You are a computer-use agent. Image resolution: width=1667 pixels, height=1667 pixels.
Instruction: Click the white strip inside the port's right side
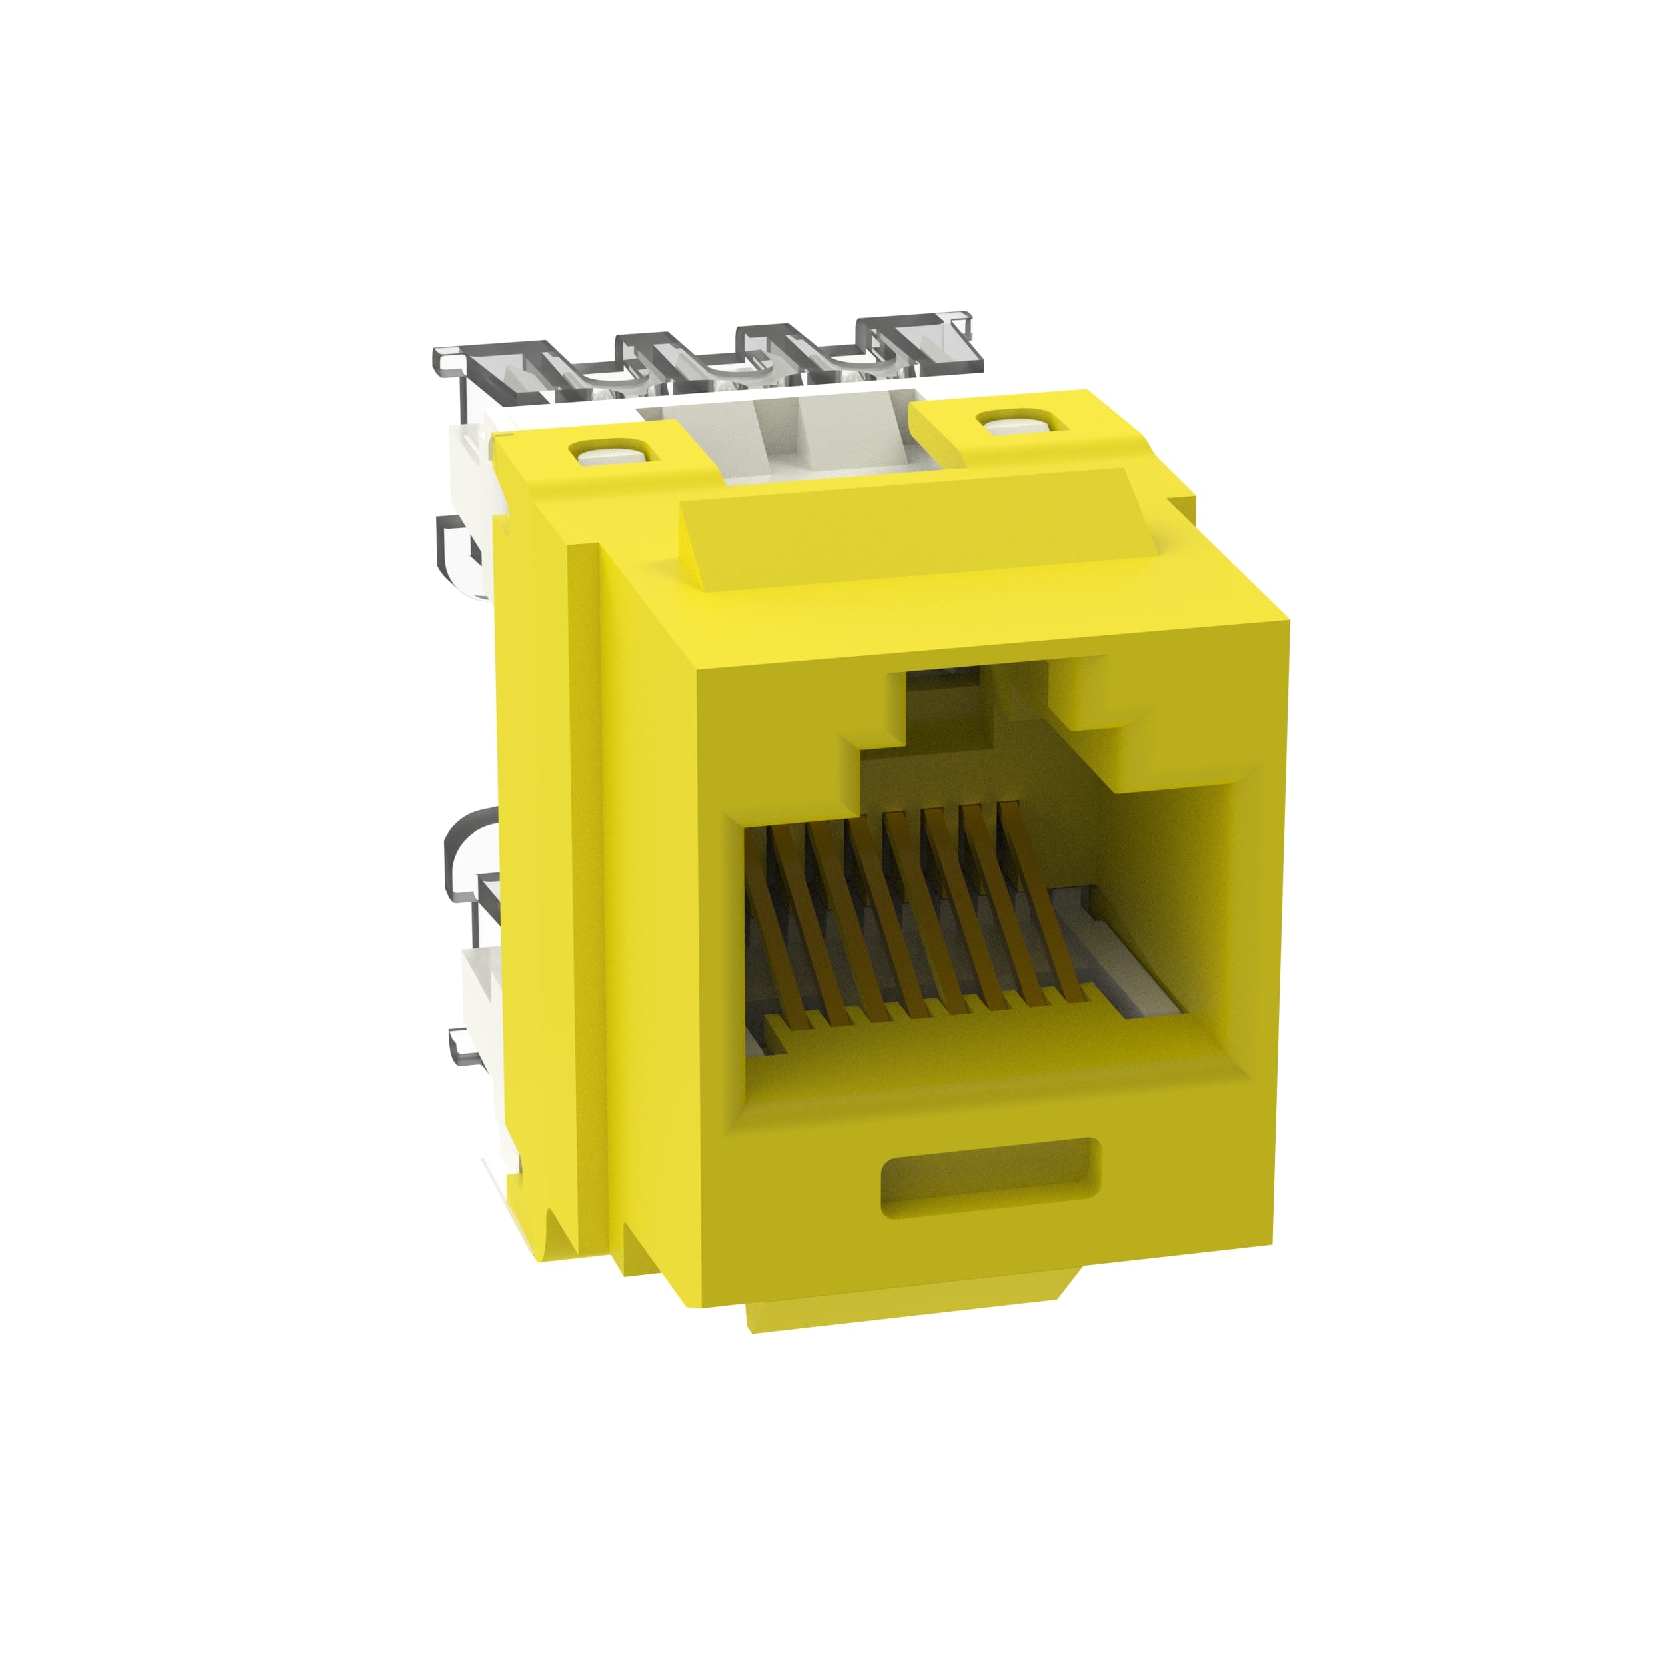coord(1139,984)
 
